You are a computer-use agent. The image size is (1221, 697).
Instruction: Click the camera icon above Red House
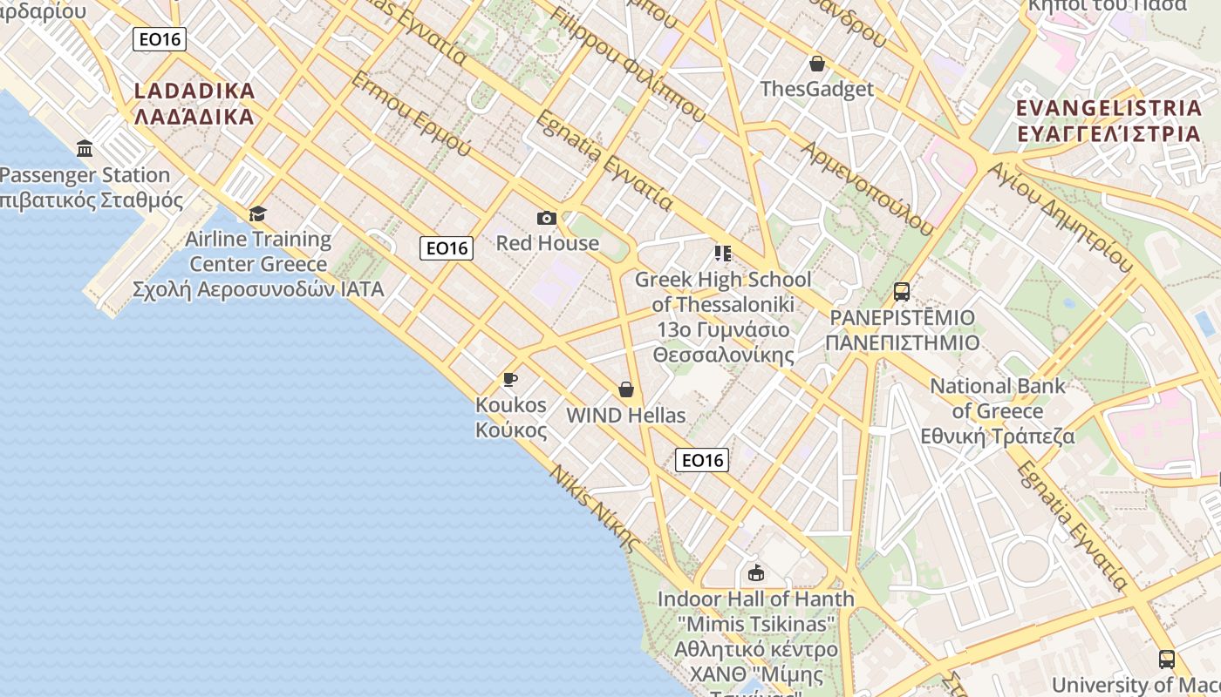coord(547,218)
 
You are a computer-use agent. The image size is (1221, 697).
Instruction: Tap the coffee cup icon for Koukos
coord(510,379)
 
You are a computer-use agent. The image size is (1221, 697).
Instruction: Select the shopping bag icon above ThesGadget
coord(817,64)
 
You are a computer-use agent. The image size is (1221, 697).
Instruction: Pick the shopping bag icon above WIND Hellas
coord(625,389)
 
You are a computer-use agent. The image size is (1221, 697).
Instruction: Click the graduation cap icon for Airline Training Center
coord(257,213)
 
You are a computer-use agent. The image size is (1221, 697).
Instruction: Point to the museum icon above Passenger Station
coord(85,149)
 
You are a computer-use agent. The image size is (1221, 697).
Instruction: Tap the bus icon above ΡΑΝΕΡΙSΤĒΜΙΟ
coord(902,292)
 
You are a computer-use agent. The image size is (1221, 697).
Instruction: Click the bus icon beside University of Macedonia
coord(1167,659)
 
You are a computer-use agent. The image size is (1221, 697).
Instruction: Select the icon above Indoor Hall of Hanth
coord(755,573)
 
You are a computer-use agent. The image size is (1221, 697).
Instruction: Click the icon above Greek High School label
coord(722,254)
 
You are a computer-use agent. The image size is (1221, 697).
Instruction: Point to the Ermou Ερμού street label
coord(410,114)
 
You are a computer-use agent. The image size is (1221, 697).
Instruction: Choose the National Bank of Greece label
coord(998,411)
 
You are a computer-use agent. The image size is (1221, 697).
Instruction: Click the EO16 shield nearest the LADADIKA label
coord(160,39)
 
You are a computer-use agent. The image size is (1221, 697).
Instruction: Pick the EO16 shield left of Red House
coord(447,248)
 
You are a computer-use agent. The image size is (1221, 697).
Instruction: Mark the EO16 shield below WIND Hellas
coord(702,460)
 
